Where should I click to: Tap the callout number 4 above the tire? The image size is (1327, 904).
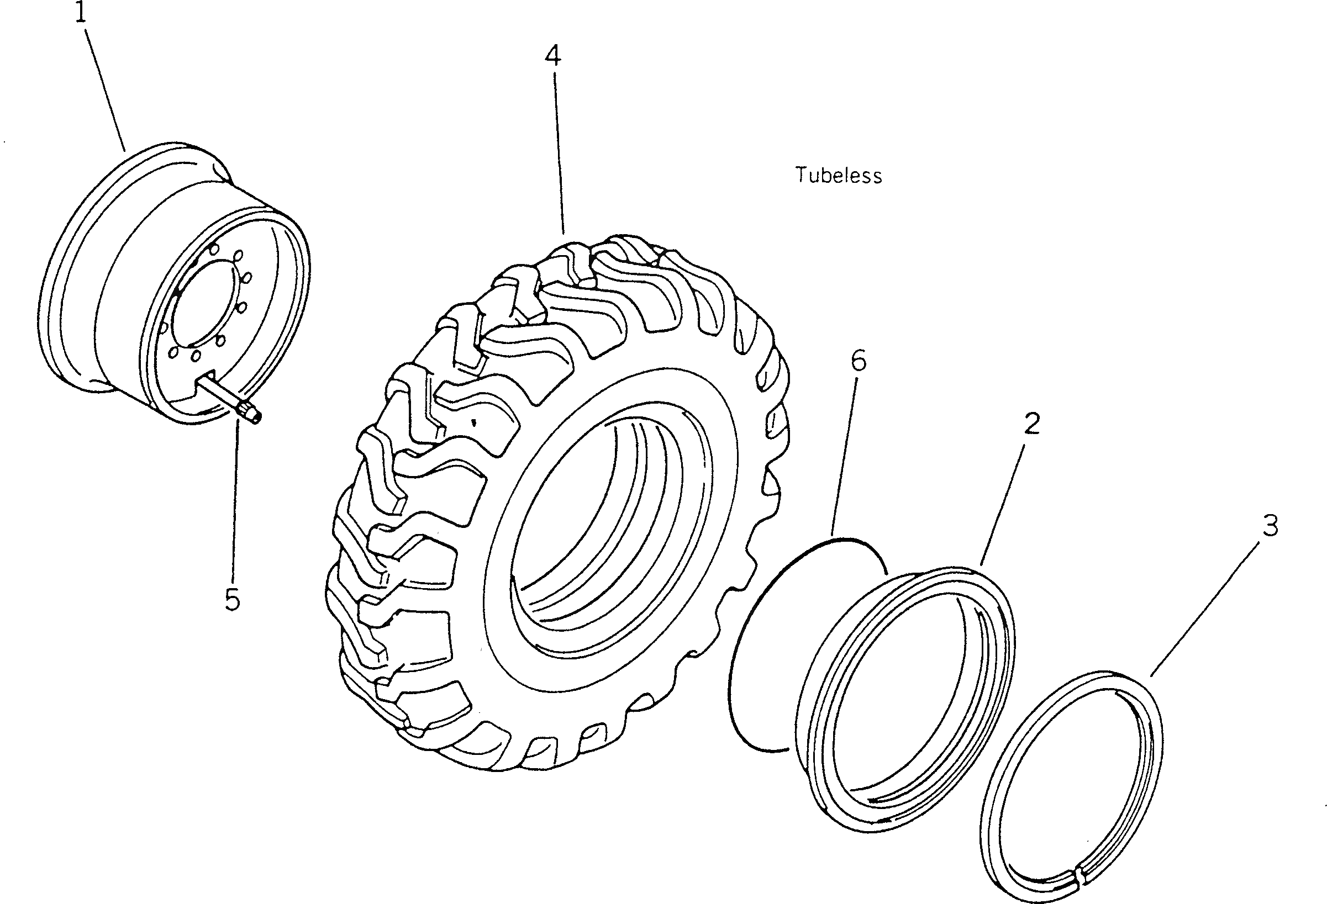(x=552, y=56)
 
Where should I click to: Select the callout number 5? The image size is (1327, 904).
(x=233, y=600)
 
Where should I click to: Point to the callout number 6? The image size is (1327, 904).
(x=858, y=361)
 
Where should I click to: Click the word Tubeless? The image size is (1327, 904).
(x=838, y=175)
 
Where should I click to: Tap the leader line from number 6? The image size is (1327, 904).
(x=845, y=451)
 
